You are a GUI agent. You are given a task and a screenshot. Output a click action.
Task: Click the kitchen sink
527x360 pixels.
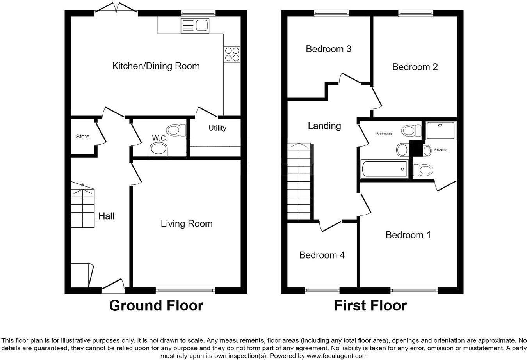click(x=195, y=25)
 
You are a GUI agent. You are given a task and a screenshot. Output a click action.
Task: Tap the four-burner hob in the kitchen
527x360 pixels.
click(x=232, y=54)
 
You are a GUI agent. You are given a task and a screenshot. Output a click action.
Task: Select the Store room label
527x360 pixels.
click(x=83, y=137)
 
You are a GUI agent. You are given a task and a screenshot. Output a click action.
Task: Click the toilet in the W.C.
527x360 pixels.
click(x=176, y=130)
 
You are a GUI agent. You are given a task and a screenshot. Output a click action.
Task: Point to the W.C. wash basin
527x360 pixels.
click(x=158, y=150)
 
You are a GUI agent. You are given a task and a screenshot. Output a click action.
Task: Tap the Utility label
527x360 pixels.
click(x=217, y=128)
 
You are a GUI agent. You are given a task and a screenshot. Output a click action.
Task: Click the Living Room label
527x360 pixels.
click(x=187, y=223)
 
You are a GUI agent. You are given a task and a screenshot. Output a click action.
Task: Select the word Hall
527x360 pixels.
click(x=106, y=216)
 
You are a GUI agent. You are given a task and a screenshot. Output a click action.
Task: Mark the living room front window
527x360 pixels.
click(x=185, y=291)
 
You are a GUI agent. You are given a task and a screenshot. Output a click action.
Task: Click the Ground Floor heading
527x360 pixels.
click(x=156, y=306)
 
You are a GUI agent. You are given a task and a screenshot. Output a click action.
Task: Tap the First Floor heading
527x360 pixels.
click(x=370, y=306)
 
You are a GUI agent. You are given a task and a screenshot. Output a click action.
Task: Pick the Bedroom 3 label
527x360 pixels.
click(x=328, y=49)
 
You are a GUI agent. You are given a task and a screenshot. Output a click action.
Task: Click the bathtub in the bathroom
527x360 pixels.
click(x=385, y=169)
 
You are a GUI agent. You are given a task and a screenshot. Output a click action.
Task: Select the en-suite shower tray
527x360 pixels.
click(x=441, y=131)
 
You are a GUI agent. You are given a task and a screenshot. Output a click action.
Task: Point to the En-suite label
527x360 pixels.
click(x=441, y=150)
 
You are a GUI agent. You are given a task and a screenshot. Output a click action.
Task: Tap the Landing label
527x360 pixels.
click(x=324, y=126)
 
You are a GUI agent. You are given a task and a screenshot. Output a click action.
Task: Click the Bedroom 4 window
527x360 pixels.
click(x=322, y=291)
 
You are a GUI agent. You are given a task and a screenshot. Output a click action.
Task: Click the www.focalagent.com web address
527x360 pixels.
click(x=337, y=356)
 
